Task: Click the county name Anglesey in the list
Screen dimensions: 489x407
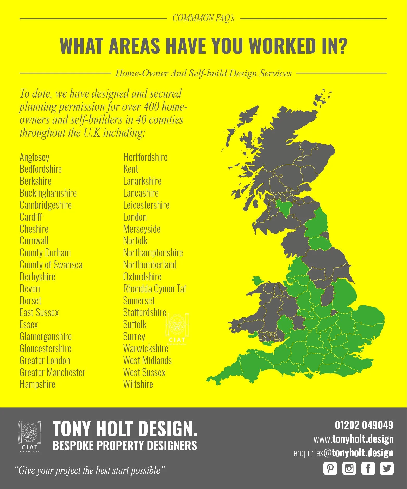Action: pyautogui.click(x=34, y=157)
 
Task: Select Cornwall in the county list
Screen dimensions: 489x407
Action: pyautogui.click(x=34, y=241)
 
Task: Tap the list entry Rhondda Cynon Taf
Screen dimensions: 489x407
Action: pyautogui.click(x=155, y=289)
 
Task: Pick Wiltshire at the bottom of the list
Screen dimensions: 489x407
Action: pyautogui.click(x=138, y=384)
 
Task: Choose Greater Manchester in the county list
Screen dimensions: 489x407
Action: pyautogui.click(x=52, y=372)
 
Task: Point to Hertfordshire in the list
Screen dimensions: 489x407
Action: pyautogui.click(x=145, y=157)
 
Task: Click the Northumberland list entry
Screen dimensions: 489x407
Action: pyautogui.click(x=150, y=265)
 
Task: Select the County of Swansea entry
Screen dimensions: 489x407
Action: pyautogui.click(x=51, y=265)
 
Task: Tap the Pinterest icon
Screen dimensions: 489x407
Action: pyautogui.click(x=330, y=469)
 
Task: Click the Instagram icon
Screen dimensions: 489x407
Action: pyautogui.click(x=349, y=469)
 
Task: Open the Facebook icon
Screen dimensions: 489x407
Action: pyautogui.click(x=368, y=469)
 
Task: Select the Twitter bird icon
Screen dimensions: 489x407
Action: pyautogui.click(x=387, y=469)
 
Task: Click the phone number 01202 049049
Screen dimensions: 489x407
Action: pyautogui.click(x=364, y=425)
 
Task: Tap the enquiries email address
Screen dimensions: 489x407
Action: pyautogui.click(x=343, y=453)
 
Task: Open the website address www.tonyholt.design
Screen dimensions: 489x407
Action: pyautogui.click(x=353, y=439)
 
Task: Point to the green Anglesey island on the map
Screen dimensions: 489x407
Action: pyautogui.click(x=258, y=281)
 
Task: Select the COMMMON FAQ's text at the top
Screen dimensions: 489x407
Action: pyautogui.click(x=203, y=18)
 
